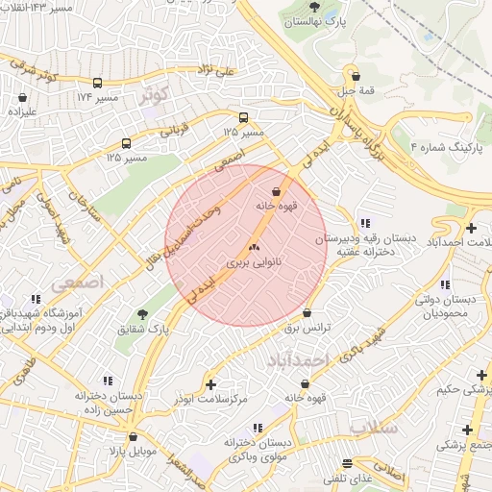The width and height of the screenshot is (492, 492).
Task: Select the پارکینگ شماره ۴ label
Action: (x=441, y=147)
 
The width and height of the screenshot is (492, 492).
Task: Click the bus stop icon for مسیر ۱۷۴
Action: (x=97, y=84)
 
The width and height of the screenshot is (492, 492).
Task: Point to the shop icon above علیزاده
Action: (x=22, y=96)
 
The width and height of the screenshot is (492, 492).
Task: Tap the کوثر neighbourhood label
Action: (x=153, y=94)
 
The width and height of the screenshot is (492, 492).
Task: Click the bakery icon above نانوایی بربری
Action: (x=255, y=247)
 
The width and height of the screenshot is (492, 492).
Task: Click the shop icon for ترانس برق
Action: (x=307, y=313)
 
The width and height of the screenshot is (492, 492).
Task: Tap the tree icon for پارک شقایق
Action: (x=143, y=314)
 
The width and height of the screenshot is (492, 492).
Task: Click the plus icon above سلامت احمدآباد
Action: (x=471, y=228)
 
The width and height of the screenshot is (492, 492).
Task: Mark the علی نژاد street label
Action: (x=215, y=70)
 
